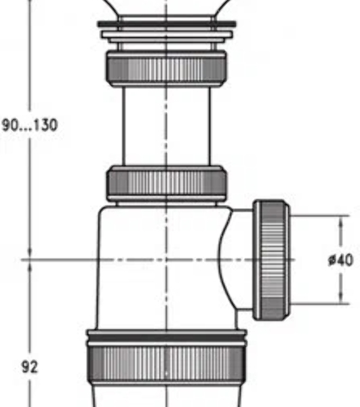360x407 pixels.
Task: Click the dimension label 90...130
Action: click(29, 125)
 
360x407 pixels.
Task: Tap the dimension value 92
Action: click(29, 367)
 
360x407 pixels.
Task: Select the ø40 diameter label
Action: click(340, 260)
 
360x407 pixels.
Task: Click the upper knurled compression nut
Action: click(166, 69)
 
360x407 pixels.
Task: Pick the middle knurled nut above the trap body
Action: click(167, 183)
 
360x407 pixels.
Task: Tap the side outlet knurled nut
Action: click(271, 260)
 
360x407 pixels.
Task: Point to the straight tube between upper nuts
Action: click(166, 125)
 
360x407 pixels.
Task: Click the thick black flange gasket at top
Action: click(167, 24)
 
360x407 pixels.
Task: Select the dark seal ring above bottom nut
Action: click(167, 338)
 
